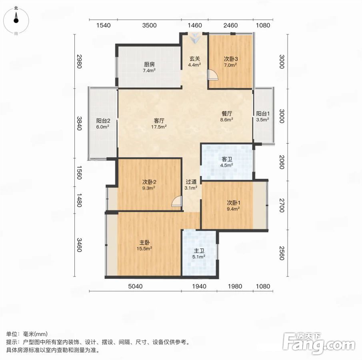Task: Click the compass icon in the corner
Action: click(x=16, y=20)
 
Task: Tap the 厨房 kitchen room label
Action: click(x=149, y=64)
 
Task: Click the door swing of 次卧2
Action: click(x=177, y=201)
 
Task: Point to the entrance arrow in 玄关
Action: click(x=196, y=38)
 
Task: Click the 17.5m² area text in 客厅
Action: click(x=159, y=126)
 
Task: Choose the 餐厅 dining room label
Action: click(x=227, y=114)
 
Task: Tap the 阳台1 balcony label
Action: click(x=263, y=114)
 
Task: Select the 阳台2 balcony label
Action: click(x=103, y=120)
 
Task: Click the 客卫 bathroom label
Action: click(x=227, y=159)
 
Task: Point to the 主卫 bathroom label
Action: click(x=199, y=250)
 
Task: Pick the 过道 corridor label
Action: click(x=191, y=182)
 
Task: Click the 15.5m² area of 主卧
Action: click(x=144, y=249)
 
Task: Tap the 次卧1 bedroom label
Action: click(x=234, y=203)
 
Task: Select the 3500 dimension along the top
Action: click(x=149, y=25)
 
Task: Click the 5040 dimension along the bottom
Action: click(x=135, y=286)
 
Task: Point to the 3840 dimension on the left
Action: click(x=79, y=123)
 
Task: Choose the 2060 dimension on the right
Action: click(x=282, y=162)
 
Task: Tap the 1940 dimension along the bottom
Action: click(x=199, y=286)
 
